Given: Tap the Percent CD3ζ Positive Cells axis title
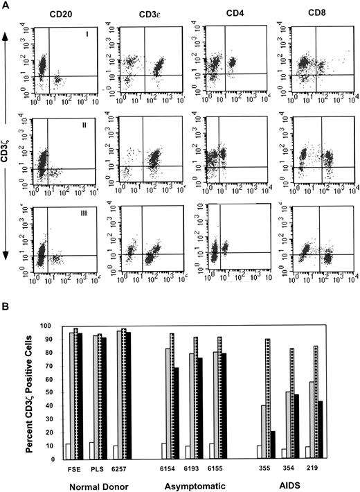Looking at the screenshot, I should (x=28, y=392).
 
